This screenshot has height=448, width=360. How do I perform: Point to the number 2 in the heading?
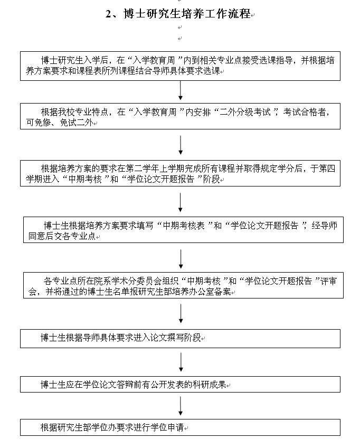108,14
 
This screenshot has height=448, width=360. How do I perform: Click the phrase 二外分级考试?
249,112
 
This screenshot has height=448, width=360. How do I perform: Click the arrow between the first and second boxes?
181,90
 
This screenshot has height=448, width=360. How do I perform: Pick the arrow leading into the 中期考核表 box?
181,201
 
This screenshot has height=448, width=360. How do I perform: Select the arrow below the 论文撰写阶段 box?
181,362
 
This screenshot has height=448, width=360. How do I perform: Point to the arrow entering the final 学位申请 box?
181,406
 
